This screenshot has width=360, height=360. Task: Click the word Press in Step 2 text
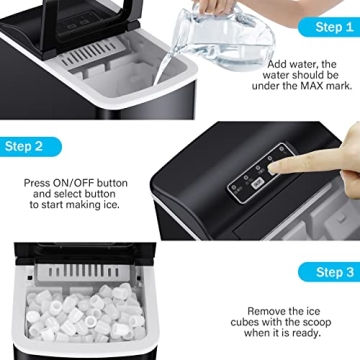coord(38,183)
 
